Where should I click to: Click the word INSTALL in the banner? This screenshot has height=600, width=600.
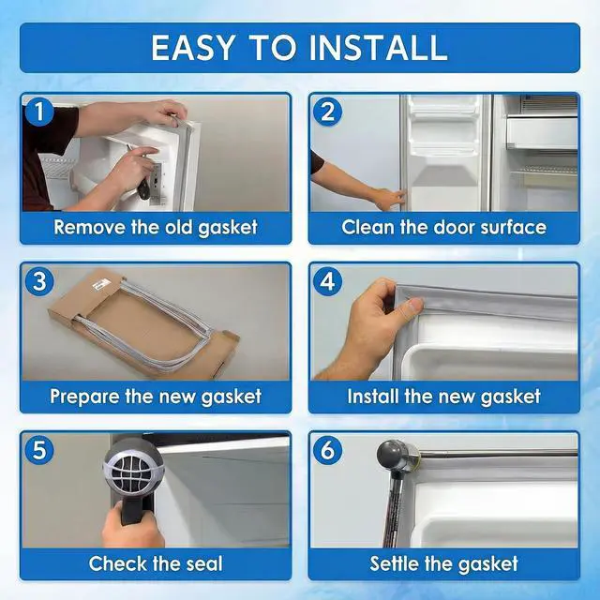tap(378, 48)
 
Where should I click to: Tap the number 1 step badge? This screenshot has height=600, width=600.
tap(39, 112)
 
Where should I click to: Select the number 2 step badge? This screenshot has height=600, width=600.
tap(327, 112)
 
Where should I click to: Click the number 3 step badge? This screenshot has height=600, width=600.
tap(39, 281)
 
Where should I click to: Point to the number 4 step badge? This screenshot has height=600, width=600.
tap(327, 281)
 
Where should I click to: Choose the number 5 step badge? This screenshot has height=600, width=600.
tap(39, 450)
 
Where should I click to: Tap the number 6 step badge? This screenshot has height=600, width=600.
tap(327, 450)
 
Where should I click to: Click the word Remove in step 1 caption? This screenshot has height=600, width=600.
tap(90, 227)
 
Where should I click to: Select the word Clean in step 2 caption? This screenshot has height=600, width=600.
tap(367, 227)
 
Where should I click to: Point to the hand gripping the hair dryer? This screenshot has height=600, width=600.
tap(132, 524)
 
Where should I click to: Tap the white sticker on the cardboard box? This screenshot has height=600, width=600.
tap(102, 285)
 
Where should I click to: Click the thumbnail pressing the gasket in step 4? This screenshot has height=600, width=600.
tap(414, 305)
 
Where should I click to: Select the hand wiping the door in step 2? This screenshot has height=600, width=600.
tap(390, 200)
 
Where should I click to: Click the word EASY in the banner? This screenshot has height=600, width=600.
tap(192, 48)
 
